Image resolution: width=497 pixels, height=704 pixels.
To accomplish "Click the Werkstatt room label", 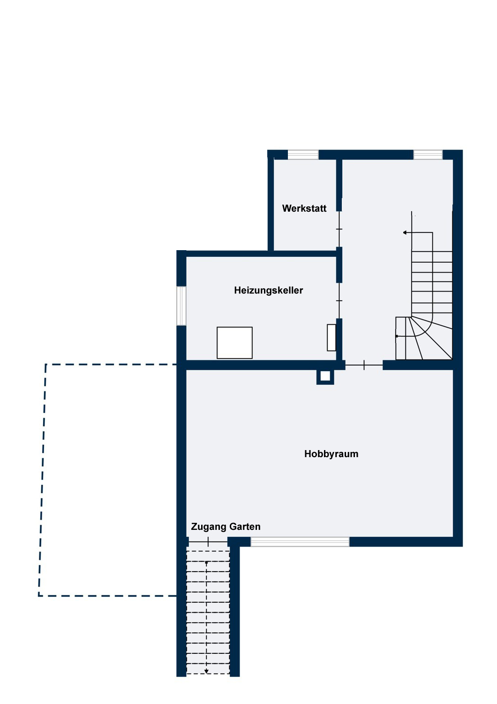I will coord(304,208).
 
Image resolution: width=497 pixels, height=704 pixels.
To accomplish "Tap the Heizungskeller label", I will coord(268,291).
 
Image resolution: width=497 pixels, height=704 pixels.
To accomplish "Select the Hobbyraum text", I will coord(331,454).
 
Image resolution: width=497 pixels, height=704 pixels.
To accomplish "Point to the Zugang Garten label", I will coord(226,527).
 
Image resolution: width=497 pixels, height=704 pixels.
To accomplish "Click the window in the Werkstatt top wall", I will coord(303,154).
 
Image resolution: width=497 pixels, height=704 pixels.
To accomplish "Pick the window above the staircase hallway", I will coord(428,154).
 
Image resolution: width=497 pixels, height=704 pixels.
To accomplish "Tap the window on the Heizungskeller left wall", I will coord(181,306).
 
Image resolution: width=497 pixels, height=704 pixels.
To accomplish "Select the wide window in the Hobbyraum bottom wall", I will coord(300,542).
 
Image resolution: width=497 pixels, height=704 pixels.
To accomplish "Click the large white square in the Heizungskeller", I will coord(234,343).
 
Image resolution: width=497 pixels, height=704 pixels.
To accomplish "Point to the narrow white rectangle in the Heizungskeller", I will coord(331,337).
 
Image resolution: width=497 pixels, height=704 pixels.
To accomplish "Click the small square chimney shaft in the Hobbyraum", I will coord(325,376).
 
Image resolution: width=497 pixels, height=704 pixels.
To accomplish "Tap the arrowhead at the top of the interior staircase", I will coord(405,233).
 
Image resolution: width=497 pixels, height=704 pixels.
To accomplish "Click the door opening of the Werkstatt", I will coord(339,229).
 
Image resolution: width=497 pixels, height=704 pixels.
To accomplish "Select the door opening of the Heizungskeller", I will coord(339,300).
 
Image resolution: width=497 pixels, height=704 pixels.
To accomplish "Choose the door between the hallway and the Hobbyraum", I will coord(364,365).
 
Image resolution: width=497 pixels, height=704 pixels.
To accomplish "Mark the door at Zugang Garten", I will coord(208,542).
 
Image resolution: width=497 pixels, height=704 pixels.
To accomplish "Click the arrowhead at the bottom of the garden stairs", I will coord(206,672).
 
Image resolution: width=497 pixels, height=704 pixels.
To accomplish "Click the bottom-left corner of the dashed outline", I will coord(39,596).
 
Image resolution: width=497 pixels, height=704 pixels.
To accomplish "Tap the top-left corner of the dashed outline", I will coord(45,364).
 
